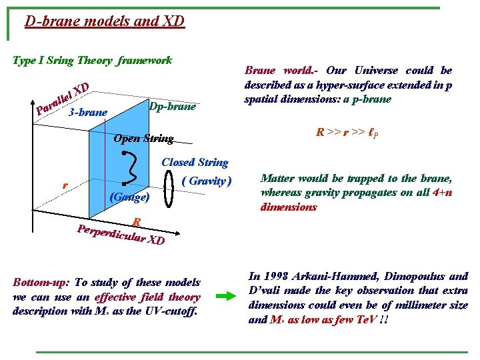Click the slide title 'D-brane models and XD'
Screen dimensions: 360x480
(104, 21)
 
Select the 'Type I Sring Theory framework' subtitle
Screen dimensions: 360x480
(93, 61)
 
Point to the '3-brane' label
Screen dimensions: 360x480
(87, 113)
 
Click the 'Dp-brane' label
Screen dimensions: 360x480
(172, 107)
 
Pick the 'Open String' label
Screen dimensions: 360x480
(143, 139)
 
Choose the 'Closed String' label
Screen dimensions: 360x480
(195, 162)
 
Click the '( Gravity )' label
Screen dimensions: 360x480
(207, 181)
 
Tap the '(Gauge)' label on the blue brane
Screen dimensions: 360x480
(129, 197)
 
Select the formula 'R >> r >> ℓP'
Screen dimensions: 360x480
(347, 133)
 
